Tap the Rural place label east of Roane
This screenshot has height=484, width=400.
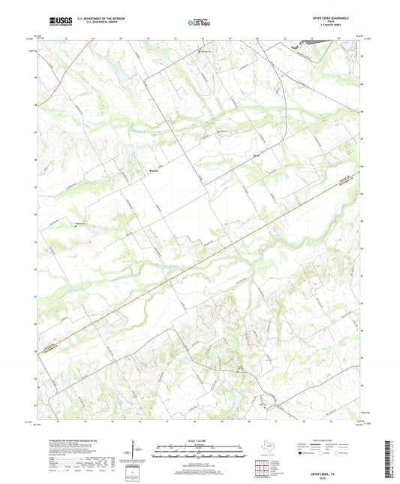click(255, 156)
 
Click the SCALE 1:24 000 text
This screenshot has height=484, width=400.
click(198, 440)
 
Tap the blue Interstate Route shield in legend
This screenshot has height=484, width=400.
click(300, 453)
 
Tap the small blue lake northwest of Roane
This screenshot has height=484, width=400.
click(132, 150)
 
